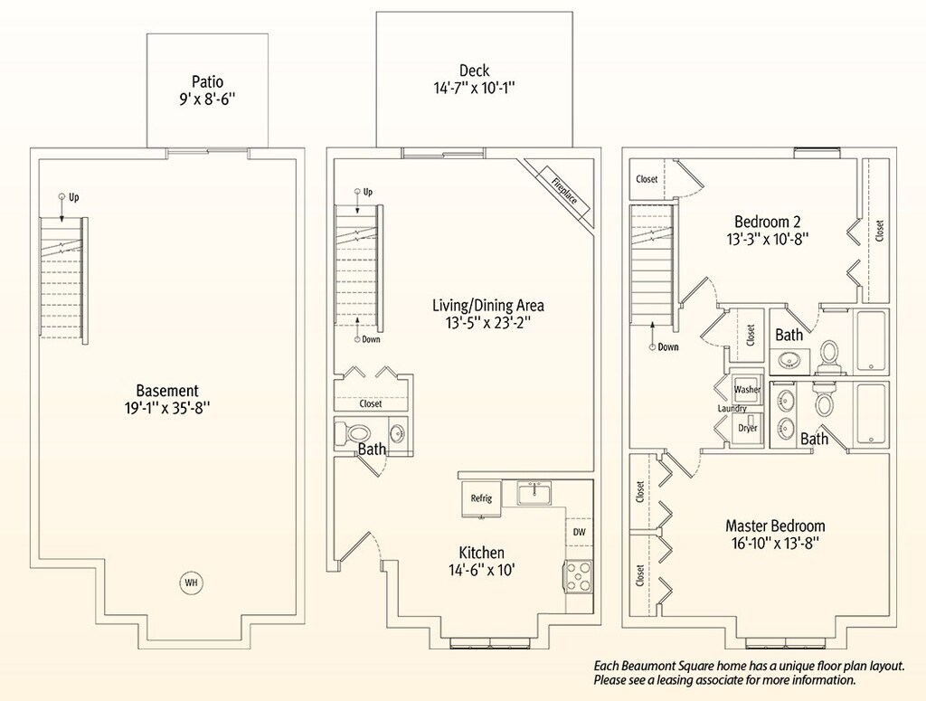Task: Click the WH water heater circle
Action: point(191,583)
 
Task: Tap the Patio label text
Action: point(207,81)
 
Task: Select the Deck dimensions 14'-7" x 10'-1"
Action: point(475,89)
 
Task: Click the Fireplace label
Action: point(564,190)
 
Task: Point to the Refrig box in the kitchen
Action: point(481,497)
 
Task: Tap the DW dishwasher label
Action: point(580,532)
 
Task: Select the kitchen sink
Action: point(534,493)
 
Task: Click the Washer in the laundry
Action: point(746,389)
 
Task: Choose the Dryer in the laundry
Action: point(747,428)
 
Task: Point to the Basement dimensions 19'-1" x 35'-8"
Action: point(167,409)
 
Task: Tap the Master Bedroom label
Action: point(775,526)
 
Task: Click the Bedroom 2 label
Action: point(767,222)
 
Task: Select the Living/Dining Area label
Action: point(487,306)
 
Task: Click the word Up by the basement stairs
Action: point(74,197)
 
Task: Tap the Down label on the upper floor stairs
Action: point(668,347)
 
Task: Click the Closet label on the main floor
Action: point(370,404)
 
